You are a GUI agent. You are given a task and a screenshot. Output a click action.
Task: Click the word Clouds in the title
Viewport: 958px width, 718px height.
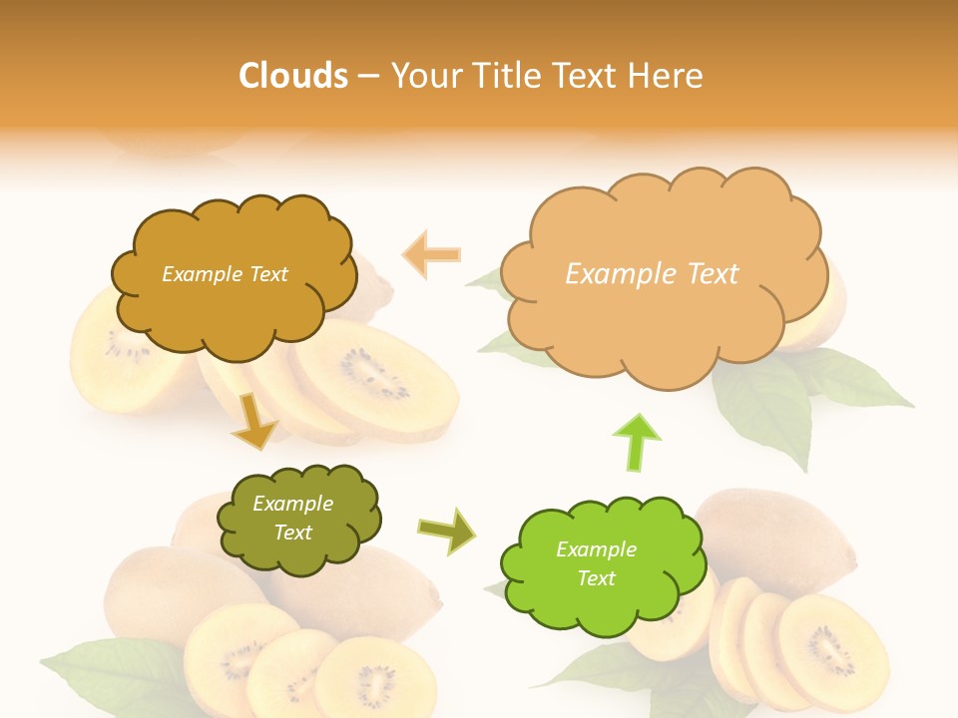[x=292, y=76]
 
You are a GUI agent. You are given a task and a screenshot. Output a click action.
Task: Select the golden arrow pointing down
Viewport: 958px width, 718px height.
[x=253, y=420]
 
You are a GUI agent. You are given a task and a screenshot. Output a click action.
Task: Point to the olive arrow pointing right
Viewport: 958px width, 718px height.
[x=446, y=531]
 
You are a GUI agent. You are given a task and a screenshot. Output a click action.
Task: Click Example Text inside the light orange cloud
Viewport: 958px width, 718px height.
[x=652, y=274]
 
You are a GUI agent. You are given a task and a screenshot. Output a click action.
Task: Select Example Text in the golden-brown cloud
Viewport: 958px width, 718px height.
[x=225, y=274]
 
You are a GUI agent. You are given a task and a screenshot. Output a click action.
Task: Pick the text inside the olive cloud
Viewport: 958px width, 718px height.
[x=293, y=519]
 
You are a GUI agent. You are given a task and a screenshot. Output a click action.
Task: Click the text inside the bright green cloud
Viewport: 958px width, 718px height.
[x=596, y=563]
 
